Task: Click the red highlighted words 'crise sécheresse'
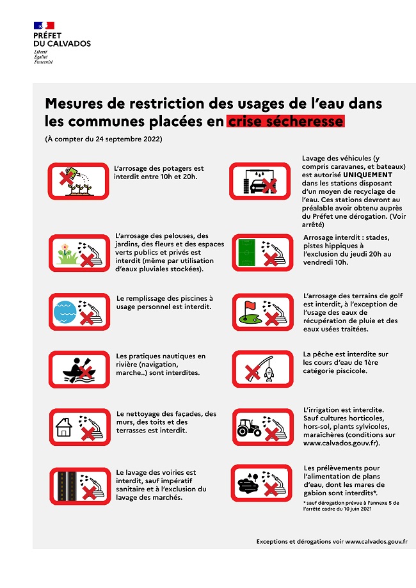(x=285, y=121)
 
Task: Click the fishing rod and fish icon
(x=257, y=369)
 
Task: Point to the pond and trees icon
(x=257, y=483)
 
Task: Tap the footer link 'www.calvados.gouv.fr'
(x=376, y=541)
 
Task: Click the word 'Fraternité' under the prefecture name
(x=44, y=62)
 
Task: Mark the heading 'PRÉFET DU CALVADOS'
(x=61, y=40)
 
